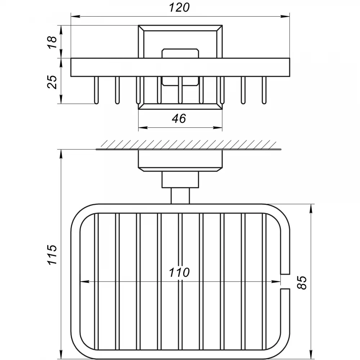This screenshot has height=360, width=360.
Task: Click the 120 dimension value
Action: (x=179, y=8)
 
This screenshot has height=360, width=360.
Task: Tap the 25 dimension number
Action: (x=52, y=82)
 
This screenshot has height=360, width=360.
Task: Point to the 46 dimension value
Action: (x=179, y=118)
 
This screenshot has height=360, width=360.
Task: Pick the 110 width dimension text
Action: (x=179, y=272)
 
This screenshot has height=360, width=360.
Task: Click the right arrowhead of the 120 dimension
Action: (x=285, y=17)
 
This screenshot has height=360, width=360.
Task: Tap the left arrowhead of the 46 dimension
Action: (x=143, y=128)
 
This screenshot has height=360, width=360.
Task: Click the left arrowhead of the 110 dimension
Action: (x=84, y=282)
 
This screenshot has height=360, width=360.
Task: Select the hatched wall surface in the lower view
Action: (x=188, y=145)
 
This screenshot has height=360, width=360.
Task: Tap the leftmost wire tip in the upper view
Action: (x=96, y=102)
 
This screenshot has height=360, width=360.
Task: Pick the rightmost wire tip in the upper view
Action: (x=264, y=102)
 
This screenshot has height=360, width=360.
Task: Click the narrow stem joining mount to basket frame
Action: (x=180, y=196)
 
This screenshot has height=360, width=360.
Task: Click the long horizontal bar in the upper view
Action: (x=180, y=67)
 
